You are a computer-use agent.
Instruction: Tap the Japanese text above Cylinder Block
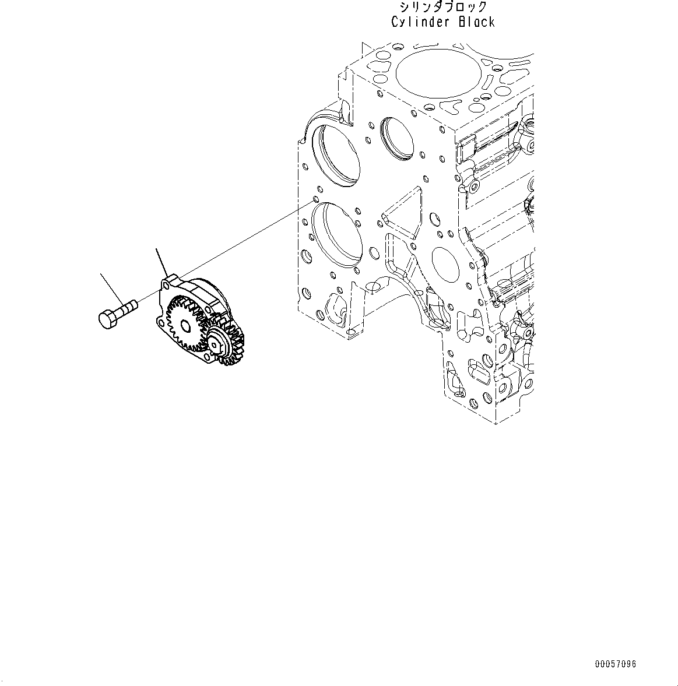pos(443,7)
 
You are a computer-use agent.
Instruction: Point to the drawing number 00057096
pos(616,664)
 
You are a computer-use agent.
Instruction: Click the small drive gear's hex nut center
pos(217,345)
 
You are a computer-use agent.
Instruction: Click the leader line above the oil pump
pos(162,261)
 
